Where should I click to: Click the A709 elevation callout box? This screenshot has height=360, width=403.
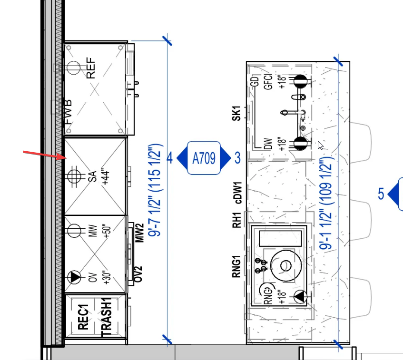click(204, 158)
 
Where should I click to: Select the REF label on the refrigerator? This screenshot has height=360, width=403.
click(91, 68)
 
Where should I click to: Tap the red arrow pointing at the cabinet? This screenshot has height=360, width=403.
click(45, 156)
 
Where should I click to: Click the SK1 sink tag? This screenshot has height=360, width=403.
click(236, 113)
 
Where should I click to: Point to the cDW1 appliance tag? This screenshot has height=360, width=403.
click(238, 193)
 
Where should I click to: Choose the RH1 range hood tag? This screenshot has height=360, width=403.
click(237, 220)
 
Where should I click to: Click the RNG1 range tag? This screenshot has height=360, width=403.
click(236, 266)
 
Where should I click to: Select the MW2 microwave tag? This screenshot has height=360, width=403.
click(139, 233)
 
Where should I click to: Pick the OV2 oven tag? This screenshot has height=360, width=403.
click(138, 274)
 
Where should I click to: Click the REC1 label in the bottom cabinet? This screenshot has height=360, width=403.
click(83, 317)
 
